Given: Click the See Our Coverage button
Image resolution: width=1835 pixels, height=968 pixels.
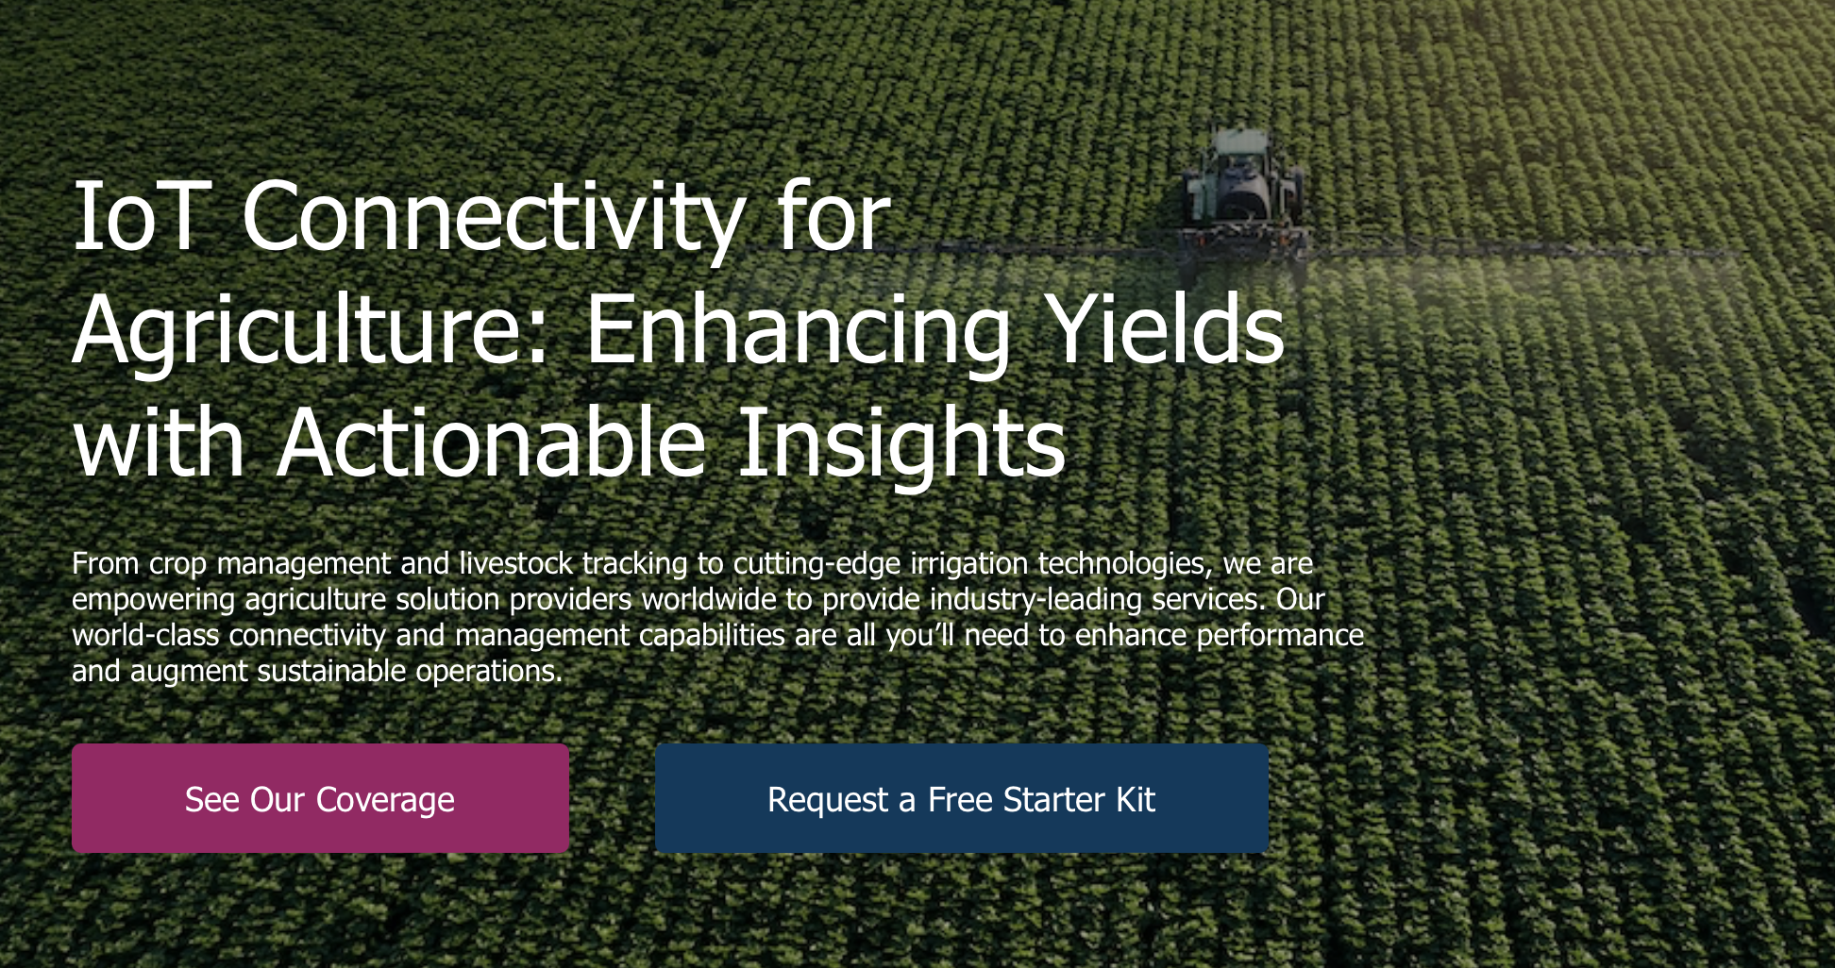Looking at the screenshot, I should tap(320, 798).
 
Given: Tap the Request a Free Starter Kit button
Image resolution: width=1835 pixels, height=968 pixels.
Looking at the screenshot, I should tap(961, 798).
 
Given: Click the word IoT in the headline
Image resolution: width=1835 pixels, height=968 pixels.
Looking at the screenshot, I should tap(138, 218).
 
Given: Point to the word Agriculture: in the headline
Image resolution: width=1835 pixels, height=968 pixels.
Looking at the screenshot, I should tap(311, 331).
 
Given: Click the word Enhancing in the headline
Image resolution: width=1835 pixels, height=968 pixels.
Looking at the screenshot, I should tap(799, 331).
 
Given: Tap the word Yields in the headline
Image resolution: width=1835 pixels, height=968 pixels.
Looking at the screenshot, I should tap(1168, 329).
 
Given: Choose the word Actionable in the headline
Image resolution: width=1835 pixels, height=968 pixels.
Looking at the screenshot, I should tap(492, 442).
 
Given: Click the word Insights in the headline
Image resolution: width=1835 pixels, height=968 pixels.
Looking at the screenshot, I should tap(901, 442).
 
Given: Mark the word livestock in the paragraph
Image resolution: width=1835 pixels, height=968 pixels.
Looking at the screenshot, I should tap(515, 563).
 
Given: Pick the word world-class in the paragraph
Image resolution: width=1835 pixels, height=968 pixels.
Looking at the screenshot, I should tap(146, 635).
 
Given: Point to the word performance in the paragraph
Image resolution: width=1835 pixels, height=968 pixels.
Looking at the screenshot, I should tap(1280, 635).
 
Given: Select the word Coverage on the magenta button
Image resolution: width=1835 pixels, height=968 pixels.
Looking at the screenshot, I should tap(385, 799).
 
